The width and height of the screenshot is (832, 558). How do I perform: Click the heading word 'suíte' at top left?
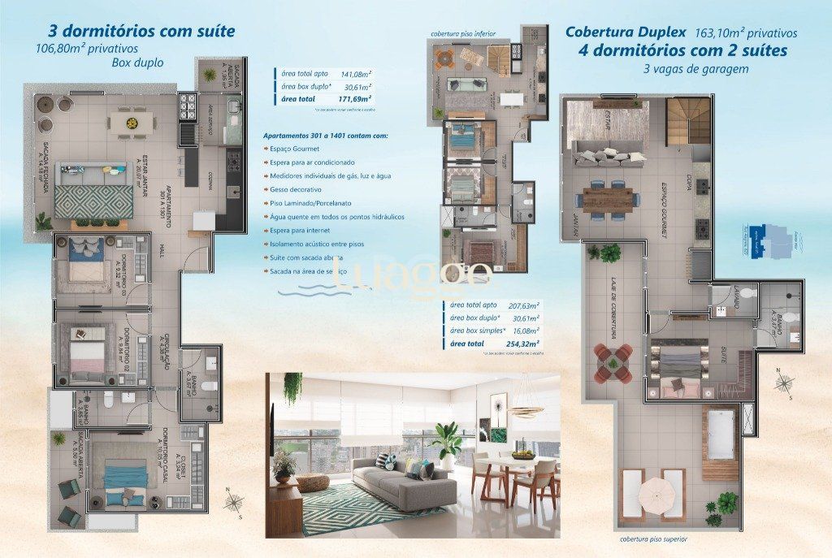point(210,32)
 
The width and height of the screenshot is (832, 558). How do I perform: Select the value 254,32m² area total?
point(523,344)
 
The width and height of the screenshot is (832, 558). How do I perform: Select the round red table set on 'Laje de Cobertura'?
point(613,359)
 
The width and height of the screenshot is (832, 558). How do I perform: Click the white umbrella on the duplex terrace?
point(652,491)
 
